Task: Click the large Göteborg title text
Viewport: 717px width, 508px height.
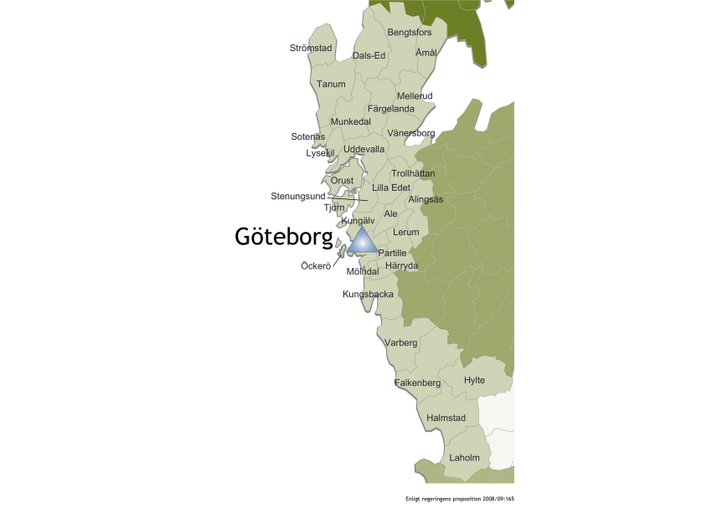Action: (x=283, y=238)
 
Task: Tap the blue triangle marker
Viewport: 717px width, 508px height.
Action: (x=362, y=242)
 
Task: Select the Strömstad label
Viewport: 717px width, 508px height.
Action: (x=311, y=48)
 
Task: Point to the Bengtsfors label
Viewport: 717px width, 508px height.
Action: (x=410, y=33)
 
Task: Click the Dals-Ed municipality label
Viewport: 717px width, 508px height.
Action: (x=369, y=55)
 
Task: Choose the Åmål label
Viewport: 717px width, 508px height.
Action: (x=426, y=53)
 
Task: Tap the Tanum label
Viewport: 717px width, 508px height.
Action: (x=331, y=84)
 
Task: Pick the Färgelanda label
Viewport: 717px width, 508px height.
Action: (x=391, y=109)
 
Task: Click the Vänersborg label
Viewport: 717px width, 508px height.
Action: (x=411, y=133)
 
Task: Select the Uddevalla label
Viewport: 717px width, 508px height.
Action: (x=364, y=149)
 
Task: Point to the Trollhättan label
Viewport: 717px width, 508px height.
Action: (x=413, y=173)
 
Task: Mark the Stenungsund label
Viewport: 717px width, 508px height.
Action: (x=297, y=196)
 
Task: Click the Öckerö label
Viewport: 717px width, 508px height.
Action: (x=316, y=266)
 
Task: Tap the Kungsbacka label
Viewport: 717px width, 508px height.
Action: (x=368, y=295)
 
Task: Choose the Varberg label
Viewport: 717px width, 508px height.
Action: (x=400, y=343)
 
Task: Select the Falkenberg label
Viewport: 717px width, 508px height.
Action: (x=417, y=382)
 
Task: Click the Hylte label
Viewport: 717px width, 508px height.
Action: (x=474, y=380)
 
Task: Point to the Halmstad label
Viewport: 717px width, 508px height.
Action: (x=446, y=418)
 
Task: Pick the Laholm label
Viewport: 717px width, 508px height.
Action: (x=465, y=458)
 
